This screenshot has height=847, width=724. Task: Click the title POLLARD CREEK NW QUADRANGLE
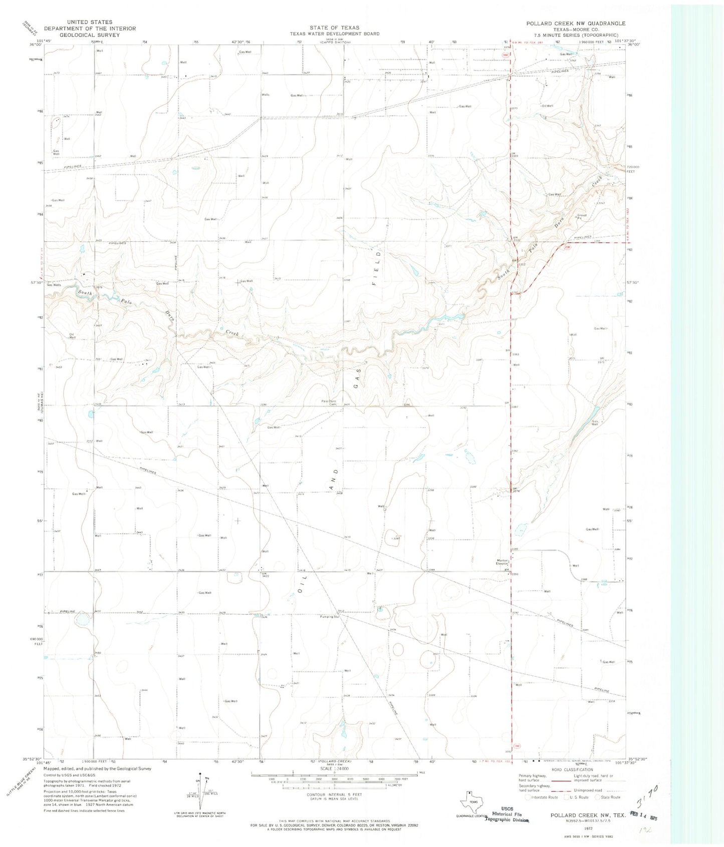[x=575, y=24]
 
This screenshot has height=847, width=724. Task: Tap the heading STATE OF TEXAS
[x=334, y=28]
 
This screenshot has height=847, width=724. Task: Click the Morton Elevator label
[x=503, y=562]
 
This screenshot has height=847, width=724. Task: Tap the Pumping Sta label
[x=330, y=617]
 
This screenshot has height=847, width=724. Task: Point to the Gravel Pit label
[x=580, y=217]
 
